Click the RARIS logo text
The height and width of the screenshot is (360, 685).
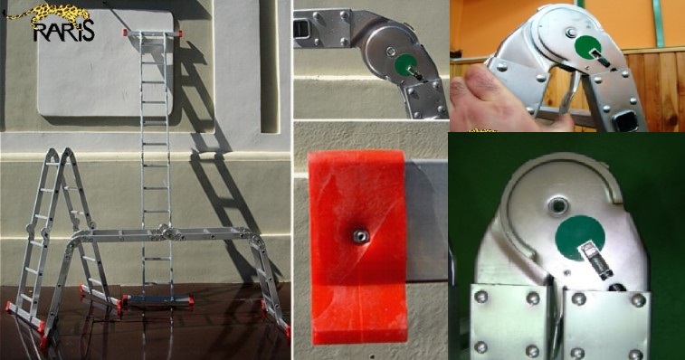pyautogui.click(x=63, y=31)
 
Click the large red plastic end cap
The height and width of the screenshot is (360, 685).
pyautogui.click(x=358, y=247)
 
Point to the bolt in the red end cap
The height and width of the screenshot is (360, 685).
pyautogui.click(x=360, y=237)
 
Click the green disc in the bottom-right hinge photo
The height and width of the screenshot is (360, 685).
pyautogui.click(x=580, y=238)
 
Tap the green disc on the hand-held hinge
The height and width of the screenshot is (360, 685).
pyautogui.click(x=587, y=47)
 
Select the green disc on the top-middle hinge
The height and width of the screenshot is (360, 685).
pyautogui.click(x=405, y=65)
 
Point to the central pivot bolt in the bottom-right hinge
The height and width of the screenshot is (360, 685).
pyautogui.click(x=557, y=204)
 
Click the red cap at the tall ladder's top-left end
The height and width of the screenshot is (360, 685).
pyautogui.click(x=126, y=33)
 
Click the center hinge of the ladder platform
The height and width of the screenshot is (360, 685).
pyautogui.click(x=165, y=232)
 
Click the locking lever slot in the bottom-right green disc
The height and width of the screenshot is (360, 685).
pyautogui.click(x=595, y=261)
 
